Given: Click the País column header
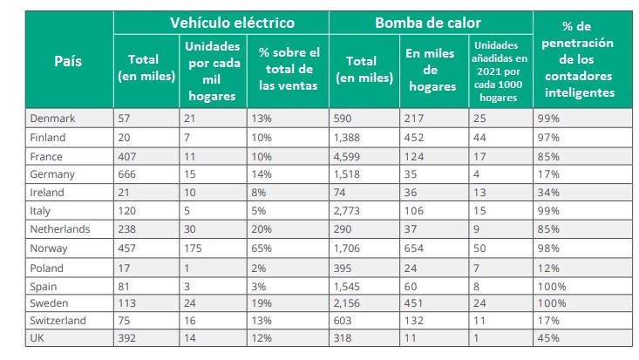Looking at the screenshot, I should tap(69, 61).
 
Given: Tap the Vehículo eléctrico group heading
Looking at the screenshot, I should tap(221, 23).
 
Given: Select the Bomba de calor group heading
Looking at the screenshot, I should tap(431, 23).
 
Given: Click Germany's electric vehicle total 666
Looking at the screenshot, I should tap(128, 174).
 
